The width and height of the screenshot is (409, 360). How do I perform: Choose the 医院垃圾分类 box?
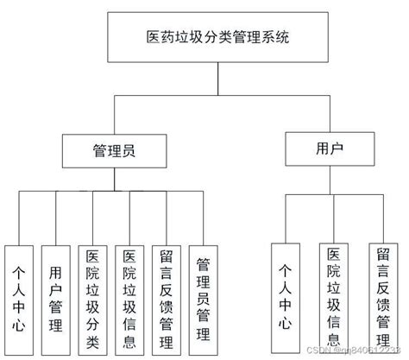(x=92, y=298)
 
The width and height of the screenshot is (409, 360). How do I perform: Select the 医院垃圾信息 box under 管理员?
(x=129, y=298)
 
